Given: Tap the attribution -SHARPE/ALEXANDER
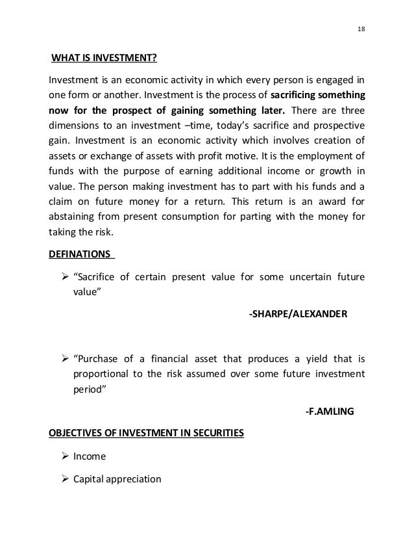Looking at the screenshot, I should [x=298, y=315].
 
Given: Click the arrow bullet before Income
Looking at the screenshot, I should [x=65, y=456].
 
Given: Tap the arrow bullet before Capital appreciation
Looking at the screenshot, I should [x=65, y=479].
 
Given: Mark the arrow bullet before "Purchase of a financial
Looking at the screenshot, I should [x=65, y=360].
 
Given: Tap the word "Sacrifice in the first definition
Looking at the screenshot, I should [x=103, y=277].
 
